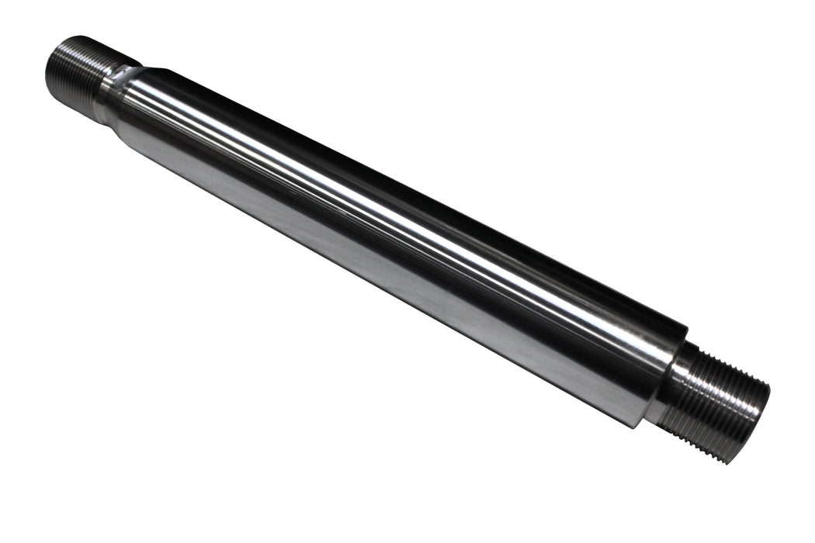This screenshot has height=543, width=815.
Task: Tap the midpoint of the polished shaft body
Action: click(388, 233)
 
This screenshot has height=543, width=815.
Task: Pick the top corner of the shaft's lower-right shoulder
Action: click(686, 326)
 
